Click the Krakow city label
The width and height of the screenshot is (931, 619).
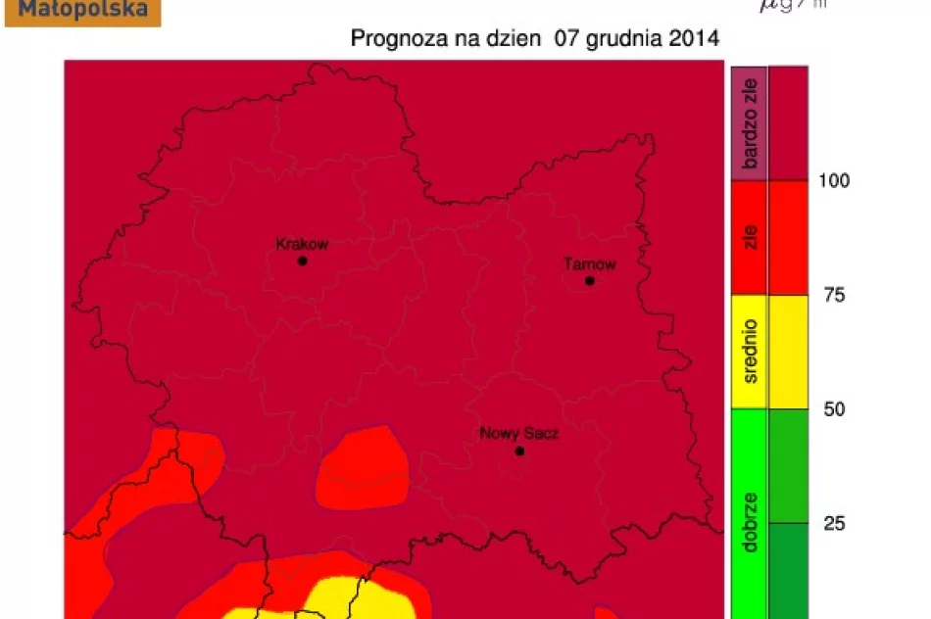point(302,245)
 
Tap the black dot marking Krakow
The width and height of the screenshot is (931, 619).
point(302,262)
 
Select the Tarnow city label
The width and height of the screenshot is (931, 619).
point(590,264)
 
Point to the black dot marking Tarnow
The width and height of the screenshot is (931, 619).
point(590,281)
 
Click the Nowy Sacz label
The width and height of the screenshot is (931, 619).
point(518,433)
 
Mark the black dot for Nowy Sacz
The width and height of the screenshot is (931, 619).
point(519,452)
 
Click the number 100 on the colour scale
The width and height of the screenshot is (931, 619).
point(835,180)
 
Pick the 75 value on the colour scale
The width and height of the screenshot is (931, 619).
point(834,295)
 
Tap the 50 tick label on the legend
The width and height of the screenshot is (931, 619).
point(834,408)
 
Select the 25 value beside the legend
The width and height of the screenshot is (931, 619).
point(834,523)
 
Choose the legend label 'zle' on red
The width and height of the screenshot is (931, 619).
point(751,238)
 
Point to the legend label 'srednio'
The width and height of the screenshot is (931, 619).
point(751,351)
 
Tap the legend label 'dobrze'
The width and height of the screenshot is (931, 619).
point(751,523)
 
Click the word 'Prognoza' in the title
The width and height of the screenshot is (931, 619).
point(392,40)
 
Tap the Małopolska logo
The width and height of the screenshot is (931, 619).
point(82,11)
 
